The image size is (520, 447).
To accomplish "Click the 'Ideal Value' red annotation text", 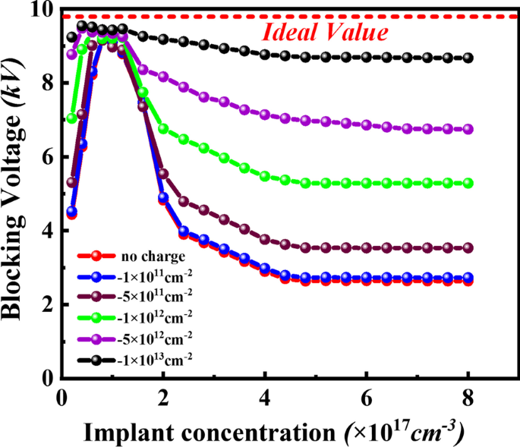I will click(326, 33).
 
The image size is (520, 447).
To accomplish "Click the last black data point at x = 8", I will click(468, 58).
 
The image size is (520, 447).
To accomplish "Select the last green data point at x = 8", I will click(468, 183).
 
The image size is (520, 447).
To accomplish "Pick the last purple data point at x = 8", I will click(468, 129).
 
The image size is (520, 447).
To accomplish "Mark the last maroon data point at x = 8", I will click(468, 248).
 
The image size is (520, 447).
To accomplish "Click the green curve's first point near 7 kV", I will click(72, 118).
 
